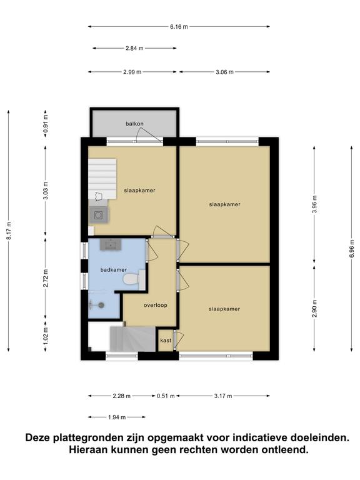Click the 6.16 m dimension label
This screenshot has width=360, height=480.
[x=179, y=27]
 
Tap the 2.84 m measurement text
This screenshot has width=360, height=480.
[x=134, y=48]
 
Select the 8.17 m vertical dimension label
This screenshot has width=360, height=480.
[x=9, y=231]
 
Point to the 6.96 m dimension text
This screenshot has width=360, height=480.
[x=352, y=248]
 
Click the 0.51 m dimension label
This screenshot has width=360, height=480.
[x=166, y=396]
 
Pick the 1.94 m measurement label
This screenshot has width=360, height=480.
[x=117, y=417]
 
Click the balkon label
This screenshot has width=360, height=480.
[x=134, y=124]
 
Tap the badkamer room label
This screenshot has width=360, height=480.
[x=114, y=270]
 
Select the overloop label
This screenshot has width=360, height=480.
[x=156, y=305]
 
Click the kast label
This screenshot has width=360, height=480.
[x=166, y=341]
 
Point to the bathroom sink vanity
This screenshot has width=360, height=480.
[x=111, y=244]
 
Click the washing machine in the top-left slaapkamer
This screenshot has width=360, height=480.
[x=99, y=215]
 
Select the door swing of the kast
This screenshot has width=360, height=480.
[x=179, y=340]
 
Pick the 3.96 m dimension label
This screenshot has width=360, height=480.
[x=315, y=204]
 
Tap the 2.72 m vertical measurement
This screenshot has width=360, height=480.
[x=46, y=278]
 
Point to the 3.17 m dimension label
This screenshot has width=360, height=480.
[x=223, y=396]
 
